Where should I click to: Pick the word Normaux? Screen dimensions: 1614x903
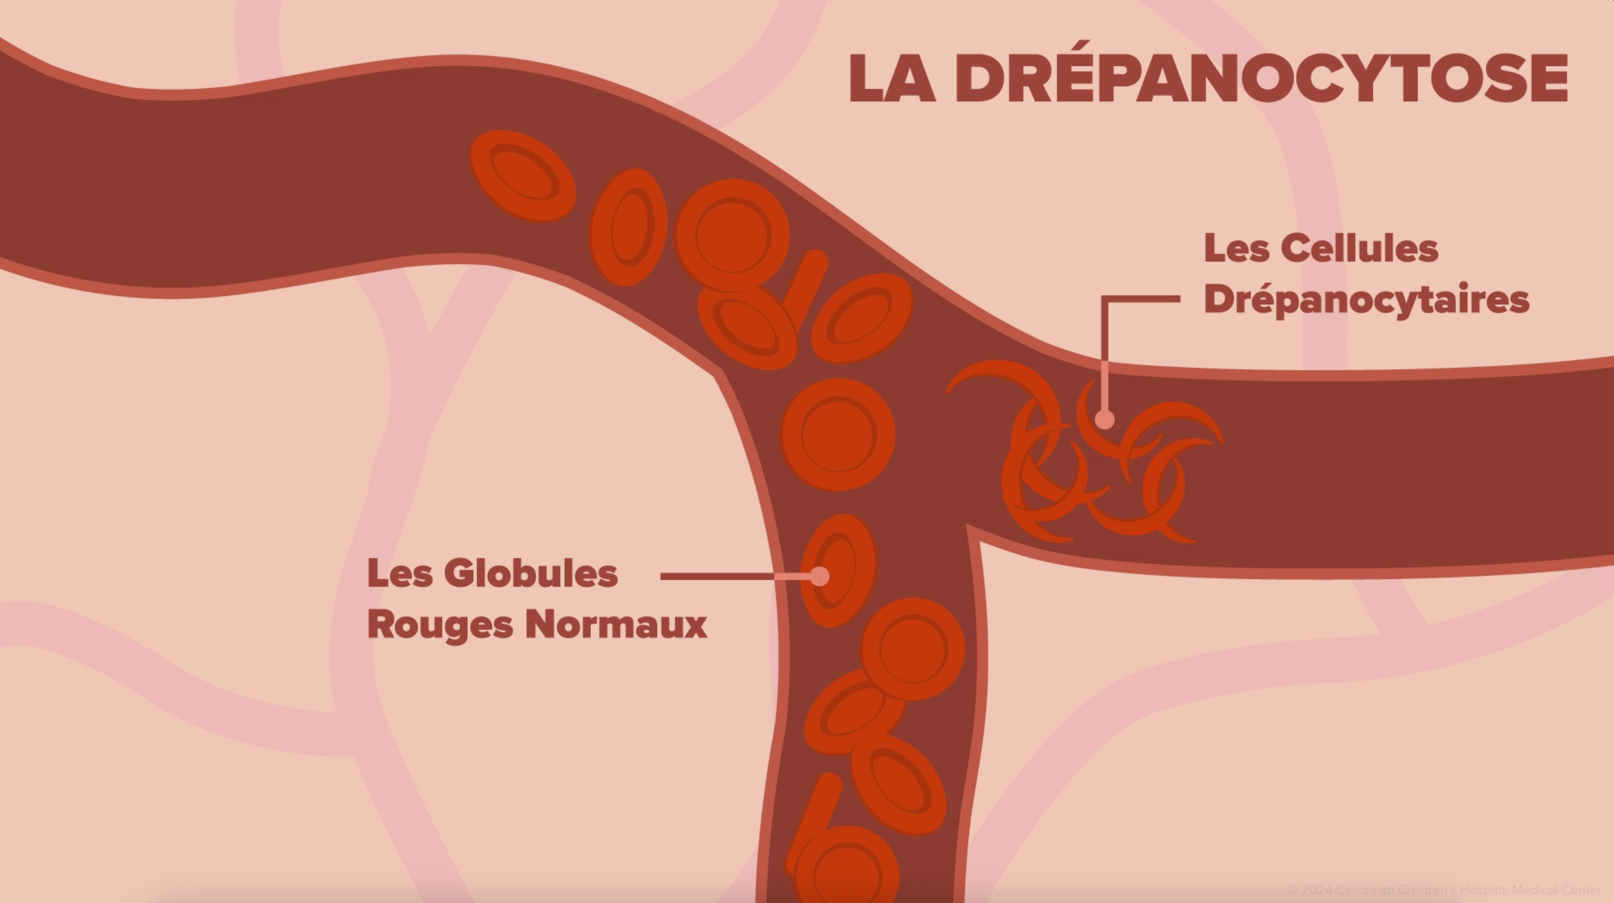[x=616, y=625]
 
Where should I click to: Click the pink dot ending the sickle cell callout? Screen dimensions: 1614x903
[x=1104, y=419]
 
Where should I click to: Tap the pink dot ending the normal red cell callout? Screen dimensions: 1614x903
[x=820, y=576]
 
